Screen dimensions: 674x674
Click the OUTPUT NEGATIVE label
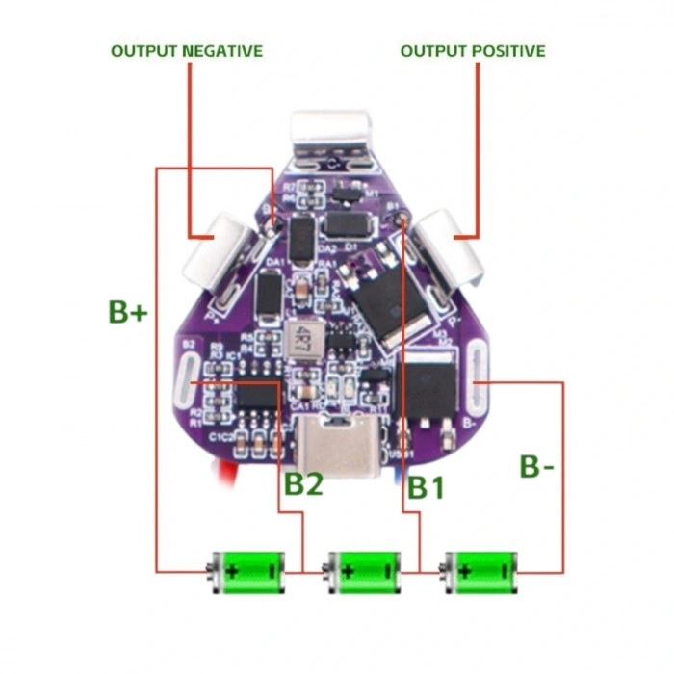[x=186, y=50]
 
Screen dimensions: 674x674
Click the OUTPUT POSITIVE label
[x=472, y=50]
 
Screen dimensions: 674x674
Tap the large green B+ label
[x=127, y=312]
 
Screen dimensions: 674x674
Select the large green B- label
[x=536, y=467]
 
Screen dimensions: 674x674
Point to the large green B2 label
[x=302, y=484]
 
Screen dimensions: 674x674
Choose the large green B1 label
[x=425, y=487]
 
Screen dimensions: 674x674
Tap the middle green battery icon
[x=363, y=570]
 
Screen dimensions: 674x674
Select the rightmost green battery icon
[x=481, y=570]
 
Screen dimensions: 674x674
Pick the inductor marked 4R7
[x=302, y=337]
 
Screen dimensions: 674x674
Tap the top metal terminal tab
[x=331, y=135]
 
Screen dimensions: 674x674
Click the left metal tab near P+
[x=220, y=252]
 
